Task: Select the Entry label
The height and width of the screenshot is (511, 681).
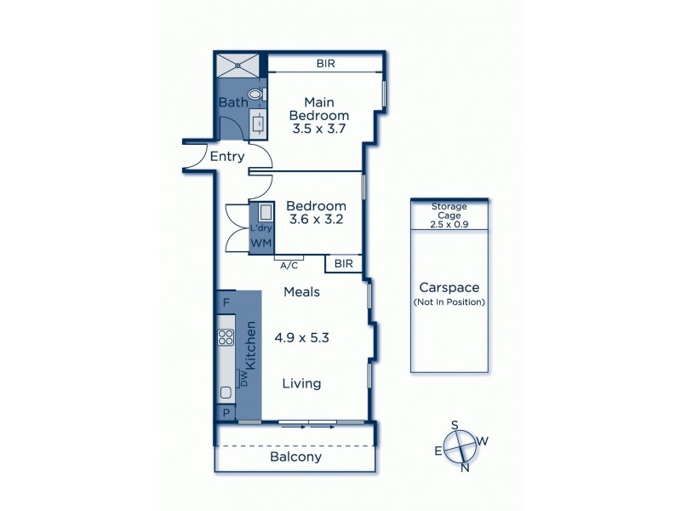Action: (x=227, y=157)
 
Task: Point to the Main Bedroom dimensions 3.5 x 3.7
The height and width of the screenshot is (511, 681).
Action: (x=318, y=131)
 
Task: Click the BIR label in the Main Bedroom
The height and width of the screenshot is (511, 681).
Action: (x=325, y=63)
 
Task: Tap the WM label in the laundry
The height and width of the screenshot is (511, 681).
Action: (x=260, y=244)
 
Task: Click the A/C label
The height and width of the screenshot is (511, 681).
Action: (x=289, y=265)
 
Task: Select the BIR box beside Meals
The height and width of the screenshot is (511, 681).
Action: (x=345, y=264)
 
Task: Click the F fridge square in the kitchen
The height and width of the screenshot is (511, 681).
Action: (x=226, y=301)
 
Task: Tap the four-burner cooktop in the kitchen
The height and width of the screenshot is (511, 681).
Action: (x=226, y=337)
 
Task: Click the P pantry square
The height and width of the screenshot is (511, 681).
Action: (x=226, y=413)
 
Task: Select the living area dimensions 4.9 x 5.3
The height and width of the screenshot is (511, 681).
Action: (x=301, y=336)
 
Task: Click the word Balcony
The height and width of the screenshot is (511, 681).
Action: (x=295, y=456)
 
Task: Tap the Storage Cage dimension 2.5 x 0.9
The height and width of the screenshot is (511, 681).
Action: (x=449, y=224)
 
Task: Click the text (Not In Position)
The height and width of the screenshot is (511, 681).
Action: (x=449, y=302)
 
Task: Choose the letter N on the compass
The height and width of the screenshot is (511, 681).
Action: (x=465, y=468)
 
